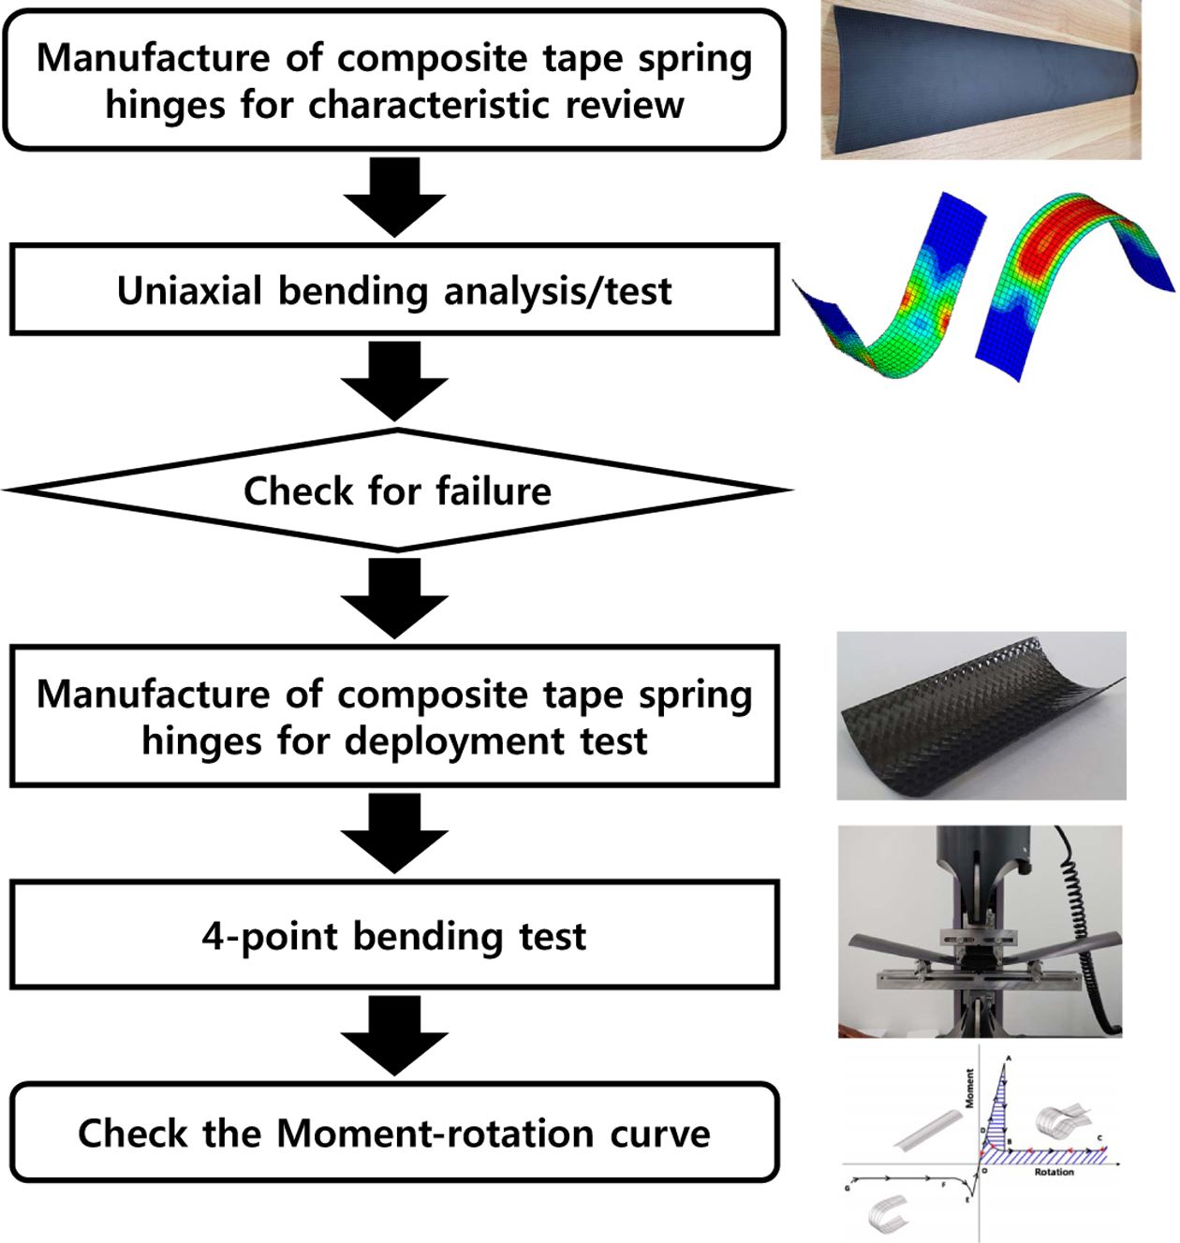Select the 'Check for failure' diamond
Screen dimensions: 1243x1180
tap(397, 490)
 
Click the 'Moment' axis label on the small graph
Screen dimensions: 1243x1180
tap(969, 1088)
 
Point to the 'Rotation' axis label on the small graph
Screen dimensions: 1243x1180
tap(1054, 1172)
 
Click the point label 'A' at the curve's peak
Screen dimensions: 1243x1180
tap(1009, 1059)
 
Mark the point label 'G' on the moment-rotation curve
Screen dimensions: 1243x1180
tap(848, 1188)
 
